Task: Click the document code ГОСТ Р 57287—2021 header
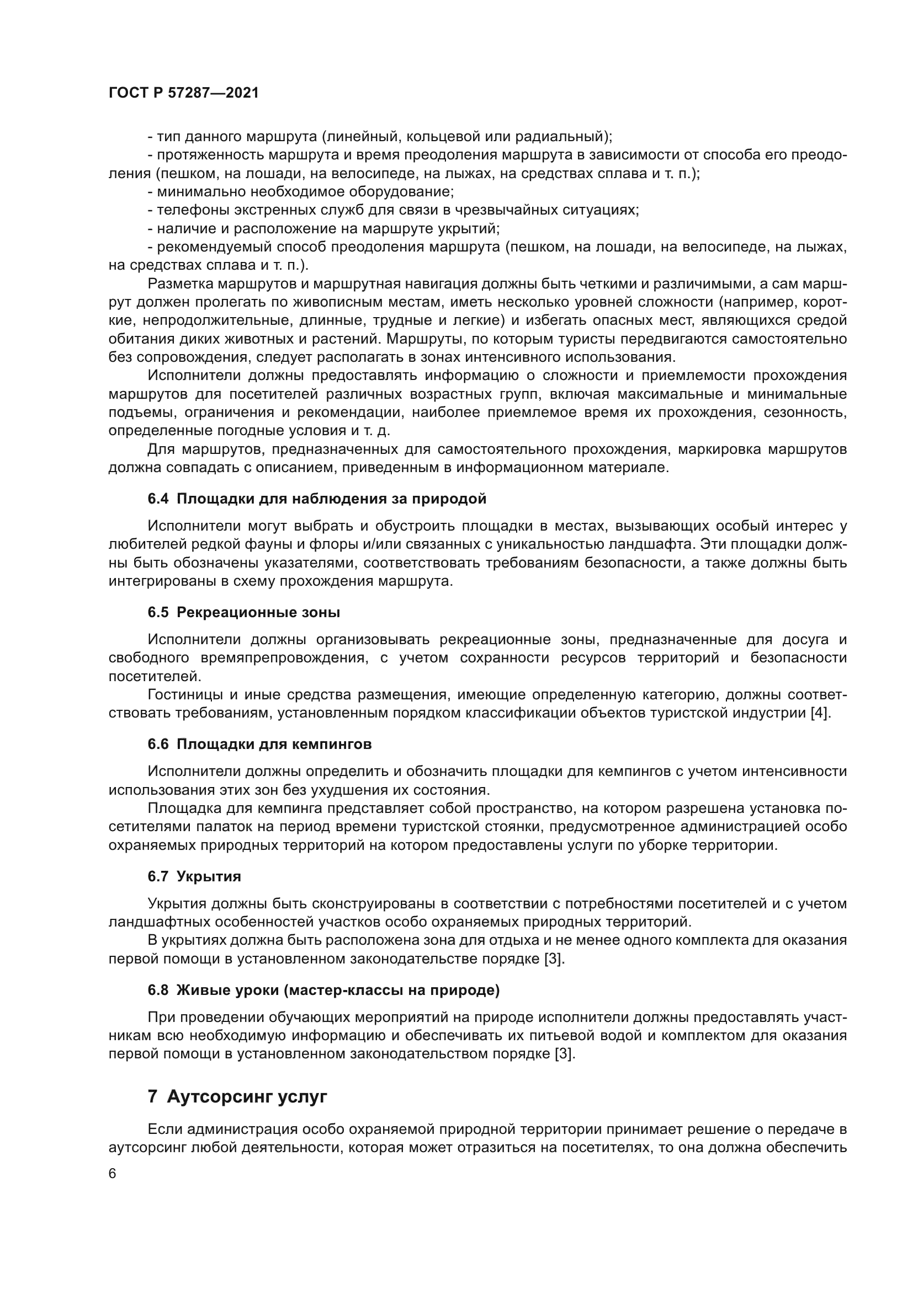tap(183, 93)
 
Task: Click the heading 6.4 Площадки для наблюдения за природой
tap(316, 499)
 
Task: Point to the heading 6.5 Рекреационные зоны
tap(243, 612)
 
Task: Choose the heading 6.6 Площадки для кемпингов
tap(259, 744)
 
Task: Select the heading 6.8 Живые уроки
tap(323, 990)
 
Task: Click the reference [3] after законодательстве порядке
tap(554, 959)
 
